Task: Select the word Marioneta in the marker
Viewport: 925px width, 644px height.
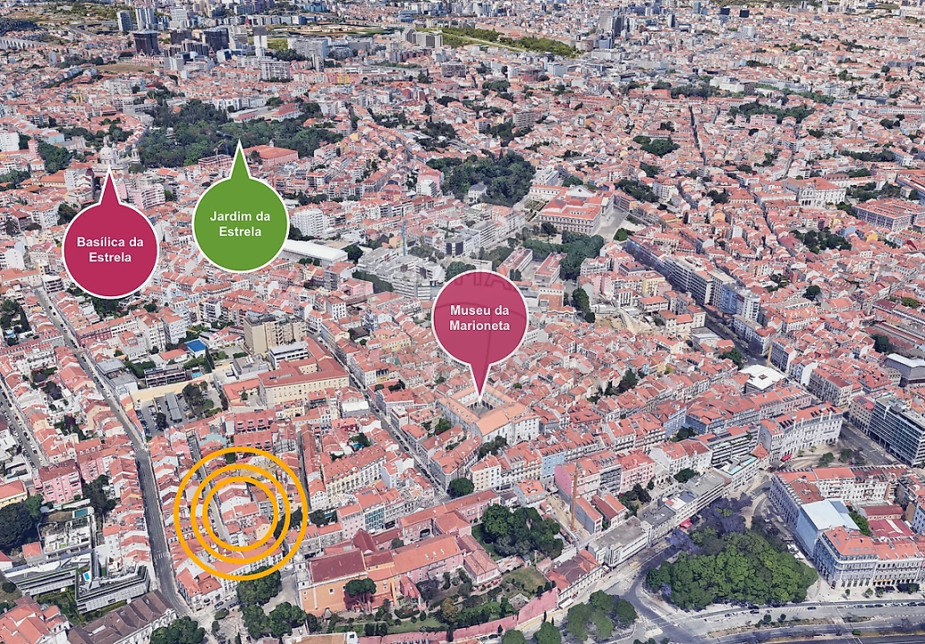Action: pos(479,326)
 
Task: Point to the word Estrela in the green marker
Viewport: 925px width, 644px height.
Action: pos(240,232)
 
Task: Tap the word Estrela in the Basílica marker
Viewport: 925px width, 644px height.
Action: pos(110,258)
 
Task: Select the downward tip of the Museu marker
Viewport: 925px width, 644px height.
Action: pos(480,396)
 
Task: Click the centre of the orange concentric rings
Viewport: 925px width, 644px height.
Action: pos(241,513)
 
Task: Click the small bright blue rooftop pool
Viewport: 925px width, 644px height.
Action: pos(195,345)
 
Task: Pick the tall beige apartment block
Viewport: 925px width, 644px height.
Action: pos(272,333)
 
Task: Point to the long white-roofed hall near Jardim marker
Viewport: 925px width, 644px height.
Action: pos(314,251)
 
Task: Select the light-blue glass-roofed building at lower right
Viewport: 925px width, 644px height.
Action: pos(828,516)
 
